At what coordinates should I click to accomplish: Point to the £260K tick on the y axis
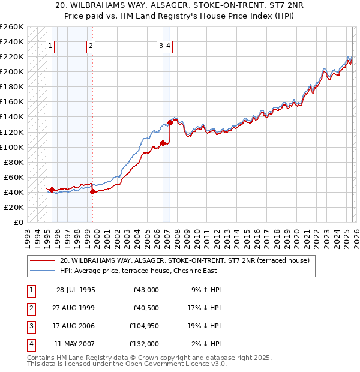pyautogui.click(x=11, y=27)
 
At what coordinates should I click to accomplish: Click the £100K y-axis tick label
pyautogui.click(x=11, y=147)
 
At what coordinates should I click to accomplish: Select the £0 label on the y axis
pyautogui.click(x=18, y=222)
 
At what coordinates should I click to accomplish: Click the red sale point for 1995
pyautogui.click(x=52, y=190)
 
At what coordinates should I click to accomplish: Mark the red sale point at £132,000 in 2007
pyautogui.click(x=170, y=122)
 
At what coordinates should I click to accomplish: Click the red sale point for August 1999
pyautogui.click(x=92, y=192)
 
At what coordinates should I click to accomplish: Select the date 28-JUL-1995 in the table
pyautogui.click(x=76, y=290)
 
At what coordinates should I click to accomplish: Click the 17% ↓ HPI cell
pyautogui.click(x=206, y=308)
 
